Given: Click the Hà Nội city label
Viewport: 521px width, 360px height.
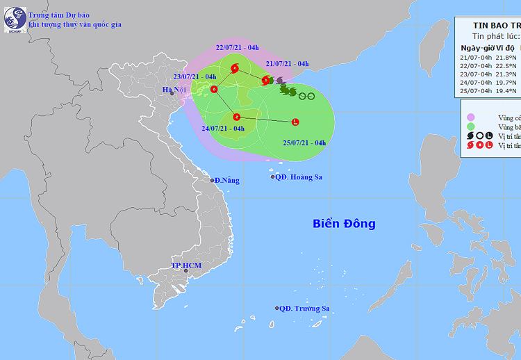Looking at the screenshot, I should click(x=174, y=90).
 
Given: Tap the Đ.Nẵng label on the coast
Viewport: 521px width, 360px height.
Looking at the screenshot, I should click(x=226, y=181).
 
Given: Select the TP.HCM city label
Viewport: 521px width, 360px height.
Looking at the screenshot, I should click(x=185, y=266).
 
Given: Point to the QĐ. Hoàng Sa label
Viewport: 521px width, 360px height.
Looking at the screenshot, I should click(x=299, y=177).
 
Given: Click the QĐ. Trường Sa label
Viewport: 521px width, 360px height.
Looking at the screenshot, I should click(x=304, y=309).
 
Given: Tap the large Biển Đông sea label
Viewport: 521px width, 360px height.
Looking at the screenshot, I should click(x=344, y=224).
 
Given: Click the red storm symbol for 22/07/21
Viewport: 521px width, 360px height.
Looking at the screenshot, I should click(x=234, y=68).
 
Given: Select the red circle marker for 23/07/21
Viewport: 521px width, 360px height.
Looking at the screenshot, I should click(x=214, y=89).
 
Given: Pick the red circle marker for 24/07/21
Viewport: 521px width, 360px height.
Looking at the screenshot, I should click(x=237, y=117).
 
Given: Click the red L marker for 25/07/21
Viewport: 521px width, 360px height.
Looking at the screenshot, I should click(x=295, y=122).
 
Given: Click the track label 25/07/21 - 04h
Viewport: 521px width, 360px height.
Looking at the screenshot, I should click(x=305, y=143).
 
